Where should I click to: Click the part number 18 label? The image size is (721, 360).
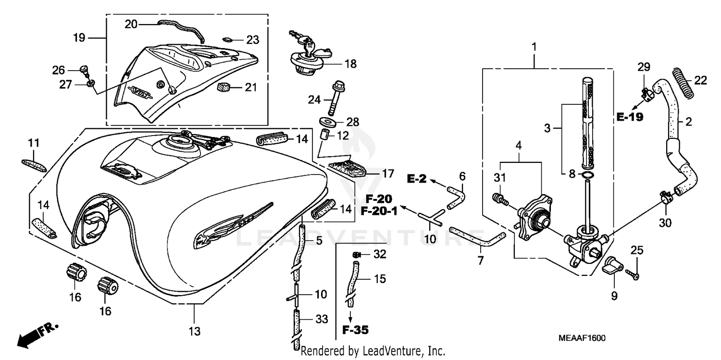pos(350,64)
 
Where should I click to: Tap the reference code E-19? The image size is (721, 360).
pos(630,117)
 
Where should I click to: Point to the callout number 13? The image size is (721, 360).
pos(194,331)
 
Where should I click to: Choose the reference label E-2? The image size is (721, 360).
pos(416,179)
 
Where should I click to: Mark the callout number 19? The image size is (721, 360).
pos(79,37)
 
